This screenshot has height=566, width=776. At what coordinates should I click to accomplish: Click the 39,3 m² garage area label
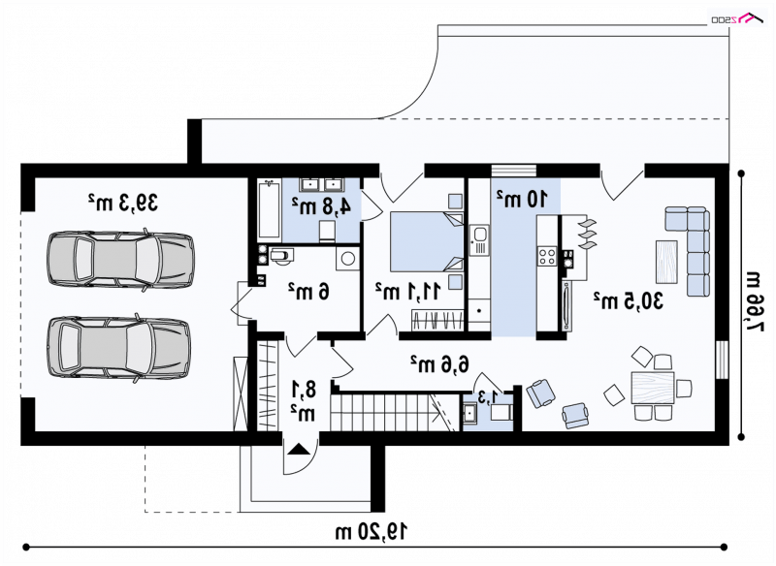tap(123, 203)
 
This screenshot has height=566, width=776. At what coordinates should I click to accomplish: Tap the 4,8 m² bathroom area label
tap(321, 205)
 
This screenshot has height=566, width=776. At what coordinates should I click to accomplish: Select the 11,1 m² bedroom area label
tap(407, 291)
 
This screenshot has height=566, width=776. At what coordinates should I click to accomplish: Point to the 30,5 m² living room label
tap(628, 300)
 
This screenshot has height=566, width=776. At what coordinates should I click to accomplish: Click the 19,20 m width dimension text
tap(372, 532)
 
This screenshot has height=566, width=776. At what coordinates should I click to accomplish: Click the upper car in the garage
tap(120, 259)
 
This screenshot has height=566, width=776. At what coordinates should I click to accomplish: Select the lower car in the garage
tap(118, 348)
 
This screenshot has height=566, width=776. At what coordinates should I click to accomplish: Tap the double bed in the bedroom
tap(427, 241)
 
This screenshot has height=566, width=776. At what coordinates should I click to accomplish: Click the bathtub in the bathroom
tap(269, 209)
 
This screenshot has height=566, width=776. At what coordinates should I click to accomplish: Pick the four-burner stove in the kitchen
tap(547, 257)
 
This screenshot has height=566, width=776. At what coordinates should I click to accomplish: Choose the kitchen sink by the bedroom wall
tap(479, 240)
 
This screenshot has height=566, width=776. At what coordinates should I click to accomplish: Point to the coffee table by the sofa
tap(666, 262)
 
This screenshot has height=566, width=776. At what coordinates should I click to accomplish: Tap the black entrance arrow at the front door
tap(299, 449)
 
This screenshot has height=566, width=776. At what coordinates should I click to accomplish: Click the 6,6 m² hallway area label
tap(439, 364)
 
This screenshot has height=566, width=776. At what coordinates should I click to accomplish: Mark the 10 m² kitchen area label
tap(522, 198)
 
